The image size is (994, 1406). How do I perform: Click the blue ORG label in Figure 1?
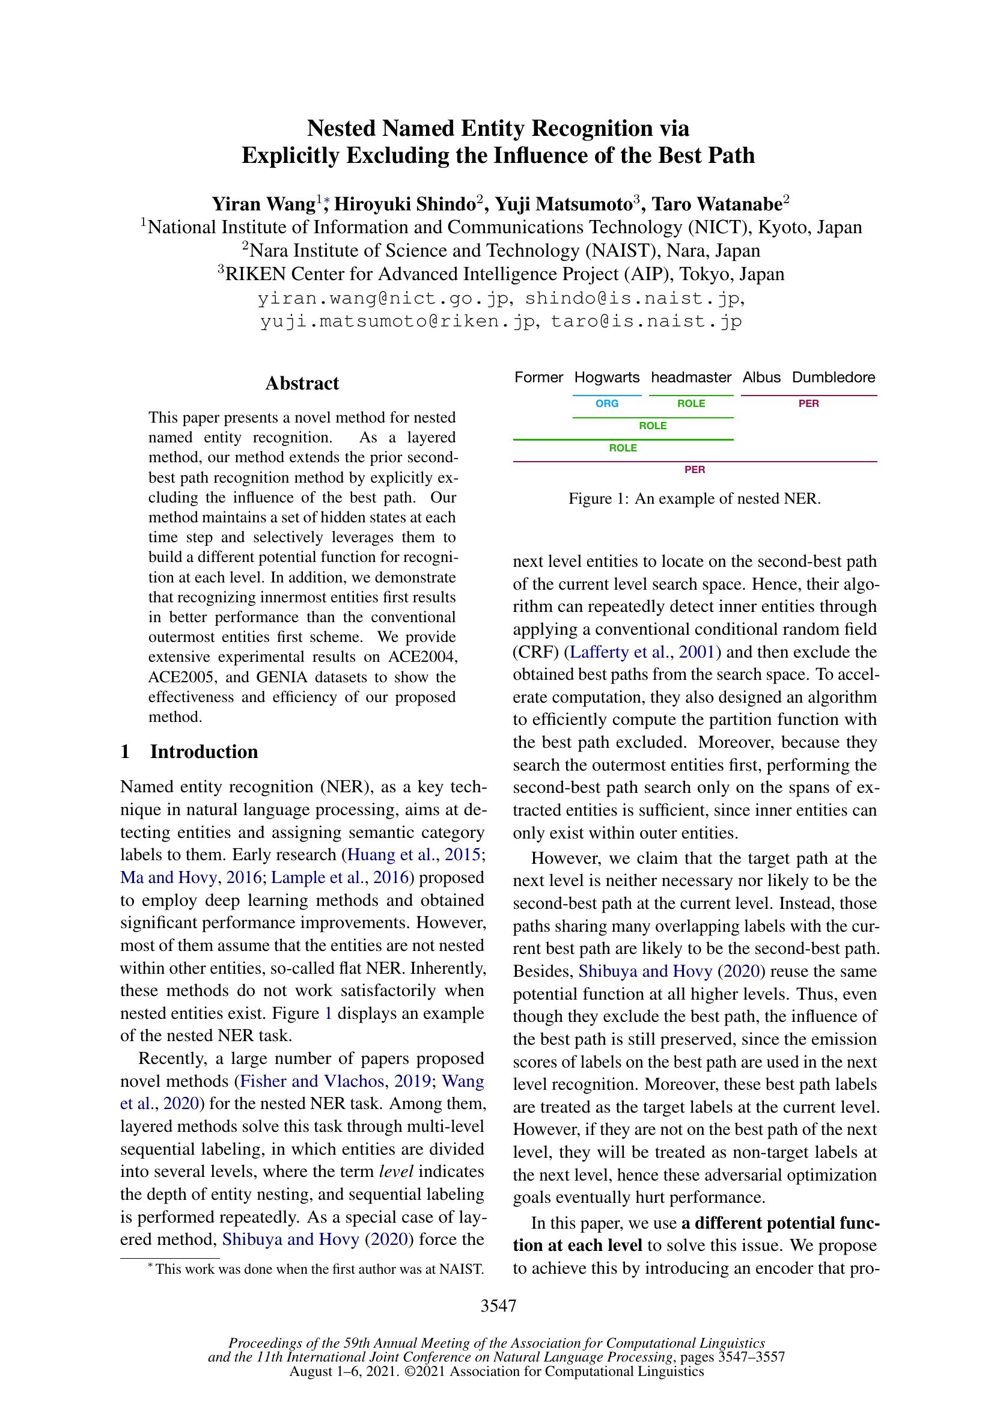click(606, 403)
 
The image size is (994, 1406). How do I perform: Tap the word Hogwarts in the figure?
click(606, 377)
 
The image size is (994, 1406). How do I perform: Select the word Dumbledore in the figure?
click(833, 377)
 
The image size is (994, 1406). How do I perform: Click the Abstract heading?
click(302, 384)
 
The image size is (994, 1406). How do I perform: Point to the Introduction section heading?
click(204, 751)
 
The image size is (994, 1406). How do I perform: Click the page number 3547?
click(498, 1306)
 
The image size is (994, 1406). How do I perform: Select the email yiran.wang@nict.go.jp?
click(383, 298)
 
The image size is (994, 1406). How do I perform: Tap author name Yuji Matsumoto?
click(563, 204)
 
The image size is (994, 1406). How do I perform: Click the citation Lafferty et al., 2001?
click(642, 652)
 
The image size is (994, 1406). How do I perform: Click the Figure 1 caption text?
click(694, 498)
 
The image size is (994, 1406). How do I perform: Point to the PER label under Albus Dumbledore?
click(808, 403)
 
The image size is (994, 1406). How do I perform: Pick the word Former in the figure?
click(538, 377)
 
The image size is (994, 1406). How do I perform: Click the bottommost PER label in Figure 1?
click(694, 469)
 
